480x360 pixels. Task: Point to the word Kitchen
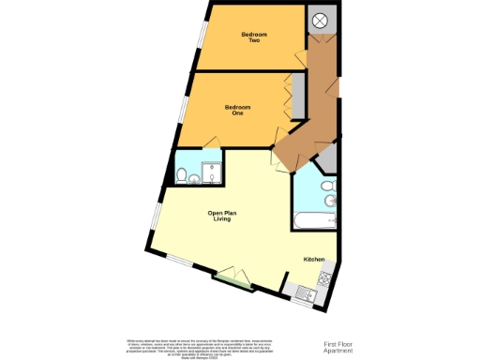click(x=313, y=259)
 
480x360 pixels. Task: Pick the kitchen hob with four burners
click(x=326, y=277)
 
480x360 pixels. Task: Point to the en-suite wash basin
click(x=194, y=179)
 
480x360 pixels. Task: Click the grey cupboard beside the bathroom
click(x=326, y=158)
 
